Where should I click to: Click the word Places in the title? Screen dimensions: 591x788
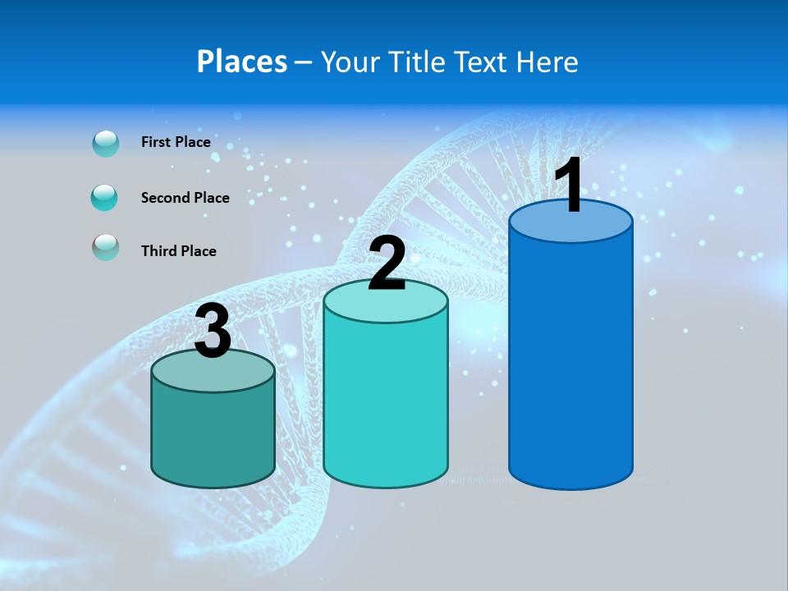242,62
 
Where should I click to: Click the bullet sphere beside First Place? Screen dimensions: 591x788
106,143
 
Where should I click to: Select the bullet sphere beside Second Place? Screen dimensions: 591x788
105,198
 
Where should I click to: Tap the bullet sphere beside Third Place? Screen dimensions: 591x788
105,247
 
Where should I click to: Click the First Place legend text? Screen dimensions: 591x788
176,142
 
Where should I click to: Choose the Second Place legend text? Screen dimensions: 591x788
185,198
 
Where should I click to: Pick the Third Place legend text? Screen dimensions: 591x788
178,251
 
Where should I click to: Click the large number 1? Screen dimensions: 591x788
568,186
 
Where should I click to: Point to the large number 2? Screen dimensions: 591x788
387,263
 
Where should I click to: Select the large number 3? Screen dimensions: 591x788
213,332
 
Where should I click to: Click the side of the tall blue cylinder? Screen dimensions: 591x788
570,361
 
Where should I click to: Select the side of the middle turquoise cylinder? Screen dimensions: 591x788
386,402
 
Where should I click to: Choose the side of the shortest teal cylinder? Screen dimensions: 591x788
213,435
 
